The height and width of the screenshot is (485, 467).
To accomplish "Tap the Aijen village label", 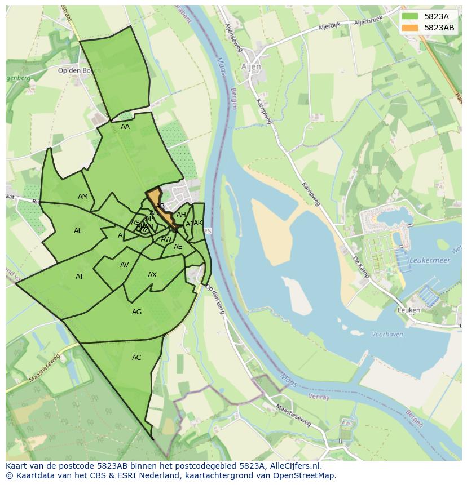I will pos(251,66).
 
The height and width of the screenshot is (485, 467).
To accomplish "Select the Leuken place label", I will pos(409,310).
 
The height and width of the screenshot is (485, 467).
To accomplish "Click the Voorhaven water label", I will pos(387,334).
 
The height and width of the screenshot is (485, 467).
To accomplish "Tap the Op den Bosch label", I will pos(80,70).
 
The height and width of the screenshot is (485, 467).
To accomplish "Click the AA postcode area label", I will pos(125,127).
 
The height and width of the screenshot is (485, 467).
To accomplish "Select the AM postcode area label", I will pos(83,197).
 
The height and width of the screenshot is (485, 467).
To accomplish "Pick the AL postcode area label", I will pos(78,231).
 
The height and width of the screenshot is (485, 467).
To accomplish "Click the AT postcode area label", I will pos(80,277).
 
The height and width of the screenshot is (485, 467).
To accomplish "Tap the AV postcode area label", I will pos(125,265).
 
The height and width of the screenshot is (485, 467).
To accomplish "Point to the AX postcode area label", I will pos(152,275).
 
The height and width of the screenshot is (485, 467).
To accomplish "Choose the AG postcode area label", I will pos(136,312).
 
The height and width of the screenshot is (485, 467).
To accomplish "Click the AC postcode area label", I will pos(136,358).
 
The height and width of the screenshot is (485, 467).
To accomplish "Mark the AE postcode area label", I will pos(178,247).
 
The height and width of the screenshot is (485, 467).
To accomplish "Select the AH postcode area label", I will pos(181,215).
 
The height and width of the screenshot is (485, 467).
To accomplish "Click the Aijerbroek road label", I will pos(368,21).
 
